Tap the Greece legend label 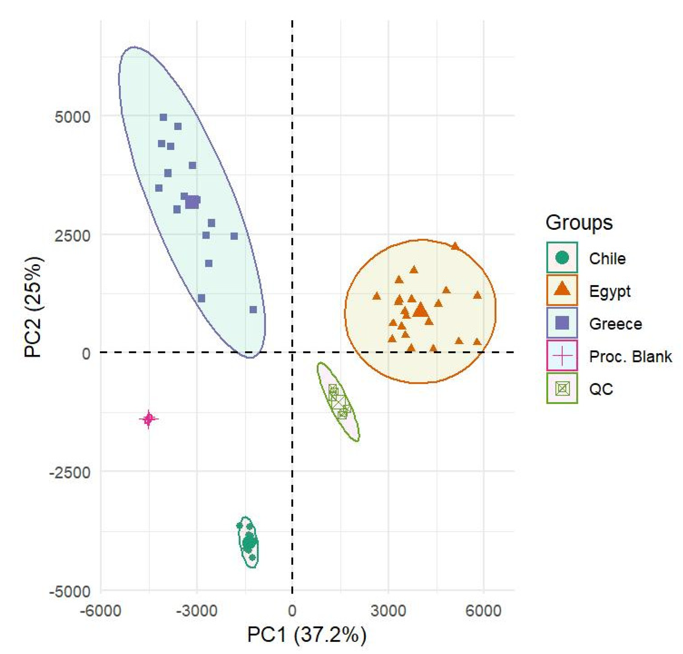pyautogui.click(x=615, y=324)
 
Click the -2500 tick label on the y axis pyautogui.click(x=70, y=472)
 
